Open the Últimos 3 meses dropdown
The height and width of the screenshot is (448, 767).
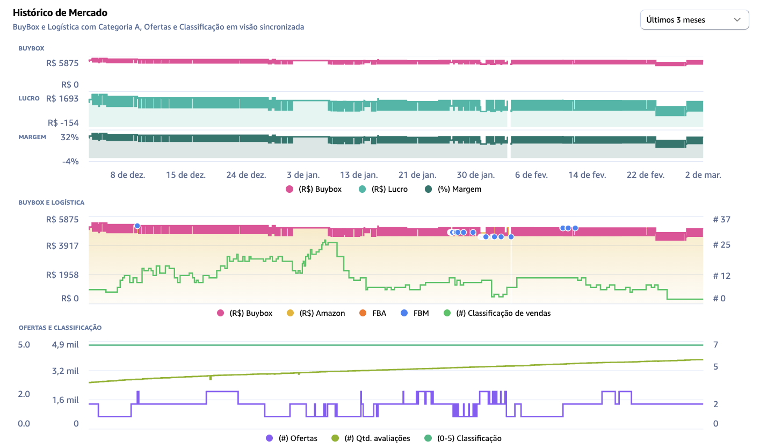694,20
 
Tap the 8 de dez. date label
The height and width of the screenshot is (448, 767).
128,175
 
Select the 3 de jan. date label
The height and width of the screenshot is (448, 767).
303,175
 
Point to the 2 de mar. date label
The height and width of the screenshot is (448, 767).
703,175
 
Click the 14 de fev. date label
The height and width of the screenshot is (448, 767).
587,175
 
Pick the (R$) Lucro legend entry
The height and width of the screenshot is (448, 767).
383,189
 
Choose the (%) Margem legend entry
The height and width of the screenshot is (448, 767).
453,189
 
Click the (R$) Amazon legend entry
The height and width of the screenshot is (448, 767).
316,313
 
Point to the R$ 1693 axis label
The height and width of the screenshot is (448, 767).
62,98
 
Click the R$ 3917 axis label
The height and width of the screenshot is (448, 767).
62,245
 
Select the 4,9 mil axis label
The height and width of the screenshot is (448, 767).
66,344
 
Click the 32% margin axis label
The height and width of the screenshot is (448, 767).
70,137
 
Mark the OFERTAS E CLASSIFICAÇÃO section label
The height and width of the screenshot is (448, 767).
60,327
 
